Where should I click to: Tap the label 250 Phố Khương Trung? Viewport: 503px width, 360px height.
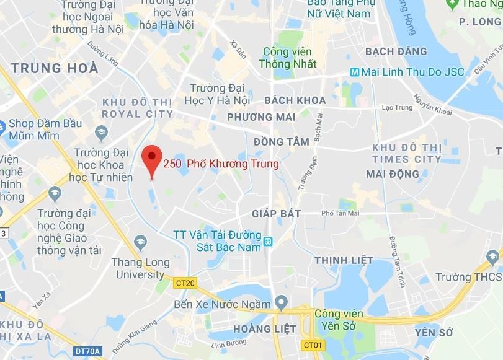[x=221, y=164]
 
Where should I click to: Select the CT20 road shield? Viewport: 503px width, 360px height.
[x=185, y=283]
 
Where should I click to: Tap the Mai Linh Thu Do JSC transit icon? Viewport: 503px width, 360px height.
[x=354, y=72]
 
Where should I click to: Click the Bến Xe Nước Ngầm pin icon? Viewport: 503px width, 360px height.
[x=281, y=304]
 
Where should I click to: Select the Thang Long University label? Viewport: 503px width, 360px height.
[x=141, y=268]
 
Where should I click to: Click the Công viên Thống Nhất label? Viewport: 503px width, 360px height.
[x=290, y=58]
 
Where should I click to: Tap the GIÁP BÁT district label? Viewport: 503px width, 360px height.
[x=277, y=214]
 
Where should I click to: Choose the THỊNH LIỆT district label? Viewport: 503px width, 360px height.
[x=344, y=260]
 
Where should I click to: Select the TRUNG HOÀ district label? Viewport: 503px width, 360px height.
[x=55, y=68]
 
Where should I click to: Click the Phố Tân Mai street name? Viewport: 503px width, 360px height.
[x=341, y=213]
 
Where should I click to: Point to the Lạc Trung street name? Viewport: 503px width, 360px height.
[x=397, y=107]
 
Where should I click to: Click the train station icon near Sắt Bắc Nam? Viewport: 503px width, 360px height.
[x=268, y=241]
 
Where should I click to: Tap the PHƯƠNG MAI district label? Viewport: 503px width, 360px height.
[x=259, y=117]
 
